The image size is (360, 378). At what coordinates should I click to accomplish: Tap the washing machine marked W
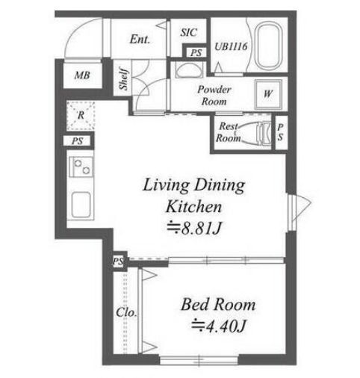[x=268, y=94]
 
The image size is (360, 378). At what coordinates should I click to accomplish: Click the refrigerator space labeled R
[x=81, y=115]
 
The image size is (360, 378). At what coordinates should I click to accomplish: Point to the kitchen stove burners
[x=81, y=167]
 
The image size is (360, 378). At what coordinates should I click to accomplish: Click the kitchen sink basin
[x=81, y=205]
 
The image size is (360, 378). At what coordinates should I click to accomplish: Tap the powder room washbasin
[x=188, y=69]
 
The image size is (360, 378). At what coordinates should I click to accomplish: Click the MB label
[x=82, y=75]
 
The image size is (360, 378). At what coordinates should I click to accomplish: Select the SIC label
[x=189, y=32]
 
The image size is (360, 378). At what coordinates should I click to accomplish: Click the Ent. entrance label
[x=140, y=39]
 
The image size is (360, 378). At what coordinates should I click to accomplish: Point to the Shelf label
[x=124, y=79]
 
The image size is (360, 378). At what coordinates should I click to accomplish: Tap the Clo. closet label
[x=126, y=312]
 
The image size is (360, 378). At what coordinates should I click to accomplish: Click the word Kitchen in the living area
[x=193, y=206]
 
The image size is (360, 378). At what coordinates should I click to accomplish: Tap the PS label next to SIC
[x=196, y=52]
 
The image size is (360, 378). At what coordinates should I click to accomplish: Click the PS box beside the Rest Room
[x=281, y=132]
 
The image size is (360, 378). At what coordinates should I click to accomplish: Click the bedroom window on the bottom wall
[x=199, y=360]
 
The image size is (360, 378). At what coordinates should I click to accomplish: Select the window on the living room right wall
[x=291, y=212]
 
